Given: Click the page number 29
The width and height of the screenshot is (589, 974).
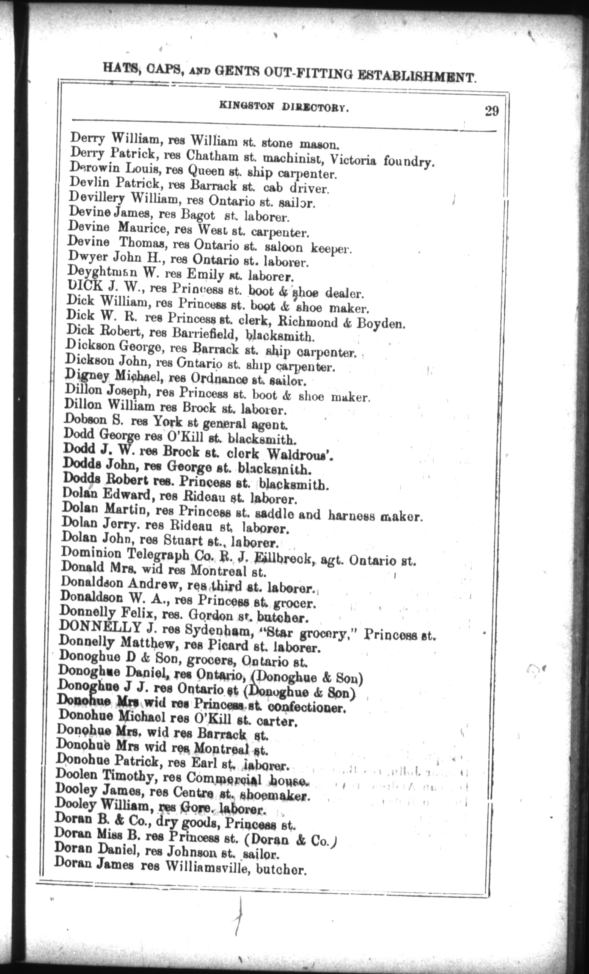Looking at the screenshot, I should pos(492,111).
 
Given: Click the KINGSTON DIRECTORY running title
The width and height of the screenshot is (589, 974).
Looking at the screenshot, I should pos(284,108).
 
